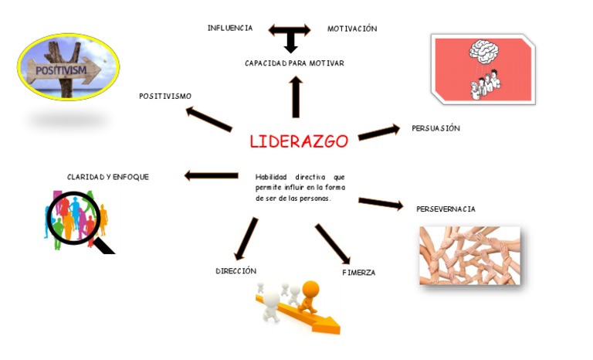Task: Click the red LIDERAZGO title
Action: [x=299, y=141]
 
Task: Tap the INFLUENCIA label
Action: [x=229, y=28]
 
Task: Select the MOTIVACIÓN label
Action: [x=352, y=29]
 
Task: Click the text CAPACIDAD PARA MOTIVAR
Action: [x=294, y=63]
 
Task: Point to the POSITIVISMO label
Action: [x=165, y=96]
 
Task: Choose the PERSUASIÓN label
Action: [x=435, y=128]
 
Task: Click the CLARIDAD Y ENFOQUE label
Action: [x=108, y=177]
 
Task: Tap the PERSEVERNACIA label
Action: [x=446, y=209]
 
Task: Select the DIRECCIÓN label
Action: [x=236, y=271]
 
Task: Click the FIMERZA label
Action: [x=358, y=273]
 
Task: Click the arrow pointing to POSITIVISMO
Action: [x=208, y=118]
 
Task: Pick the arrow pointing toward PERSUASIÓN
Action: [x=378, y=132]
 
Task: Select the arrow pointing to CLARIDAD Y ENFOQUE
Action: [x=211, y=176]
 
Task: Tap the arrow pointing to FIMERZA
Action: [x=333, y=244]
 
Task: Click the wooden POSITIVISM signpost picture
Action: [x=68, y=67]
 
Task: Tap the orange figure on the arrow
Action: [x=310, y=296]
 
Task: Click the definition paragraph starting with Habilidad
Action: [x=300, y=188]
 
